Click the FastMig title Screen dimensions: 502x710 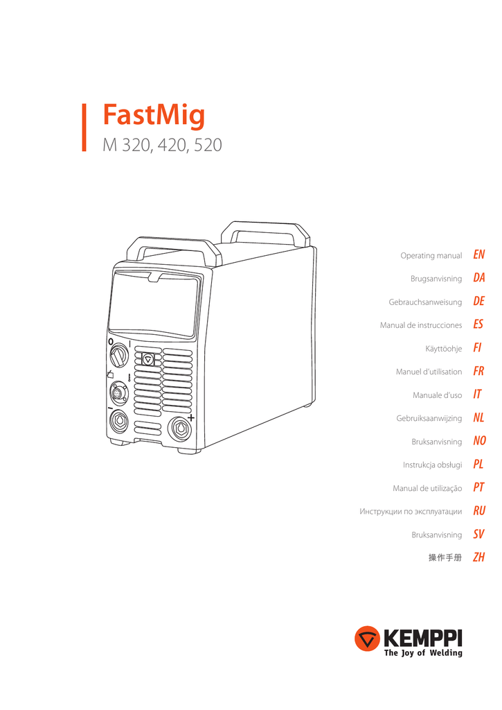[x=154, y=116]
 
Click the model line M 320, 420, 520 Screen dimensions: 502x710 [x=162, y=146]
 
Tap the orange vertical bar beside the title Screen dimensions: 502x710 [x=84, y=128]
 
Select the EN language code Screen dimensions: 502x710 [x=479, y=255]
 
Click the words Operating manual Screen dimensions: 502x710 [x=431, y=256]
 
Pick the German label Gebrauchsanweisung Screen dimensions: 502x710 [x=425, y=302]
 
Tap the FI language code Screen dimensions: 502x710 [x=477, y=348]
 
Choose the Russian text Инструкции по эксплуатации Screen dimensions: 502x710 [x=411, y=512]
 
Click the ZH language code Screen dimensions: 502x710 [x=479, y=557]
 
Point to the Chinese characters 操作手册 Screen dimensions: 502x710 [x=445, y=558]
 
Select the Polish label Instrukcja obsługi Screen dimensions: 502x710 [x=432, y=465]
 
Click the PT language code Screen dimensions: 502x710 [x=478, y=487]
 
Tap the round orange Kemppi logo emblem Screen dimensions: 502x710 [x=367, y=639]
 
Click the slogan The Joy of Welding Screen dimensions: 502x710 [x=423, y=652]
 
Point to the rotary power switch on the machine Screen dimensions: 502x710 [x=118, y=355]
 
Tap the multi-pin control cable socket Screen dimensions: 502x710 [x=119, y=392]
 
